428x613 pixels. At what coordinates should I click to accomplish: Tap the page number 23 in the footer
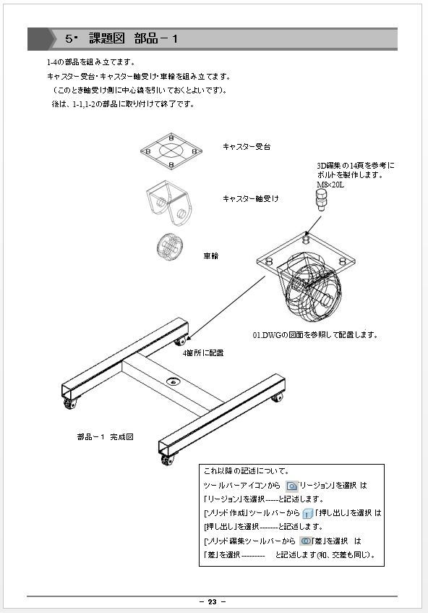click(x=212, y=602)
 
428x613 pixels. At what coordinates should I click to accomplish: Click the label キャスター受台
click(x=247, y=147)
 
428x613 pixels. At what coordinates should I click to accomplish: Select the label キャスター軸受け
click(x=250, y=198)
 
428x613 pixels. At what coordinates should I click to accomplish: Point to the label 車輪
click(x=210, y=255)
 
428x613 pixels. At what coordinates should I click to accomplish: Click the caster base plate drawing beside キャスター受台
click(x=170, y=151)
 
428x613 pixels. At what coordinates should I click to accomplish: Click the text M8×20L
click(x=330, y=185)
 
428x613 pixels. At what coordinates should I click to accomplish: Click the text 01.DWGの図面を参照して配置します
click(x=314, y=335)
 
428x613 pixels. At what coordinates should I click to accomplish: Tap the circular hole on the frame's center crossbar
click(x=174, y=380)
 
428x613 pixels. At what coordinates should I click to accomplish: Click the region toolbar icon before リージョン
click(x=291, y=485)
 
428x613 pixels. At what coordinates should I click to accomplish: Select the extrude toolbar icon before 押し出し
click(x=307, y=513)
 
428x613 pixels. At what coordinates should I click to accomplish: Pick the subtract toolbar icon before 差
click(x=306, y=541)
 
